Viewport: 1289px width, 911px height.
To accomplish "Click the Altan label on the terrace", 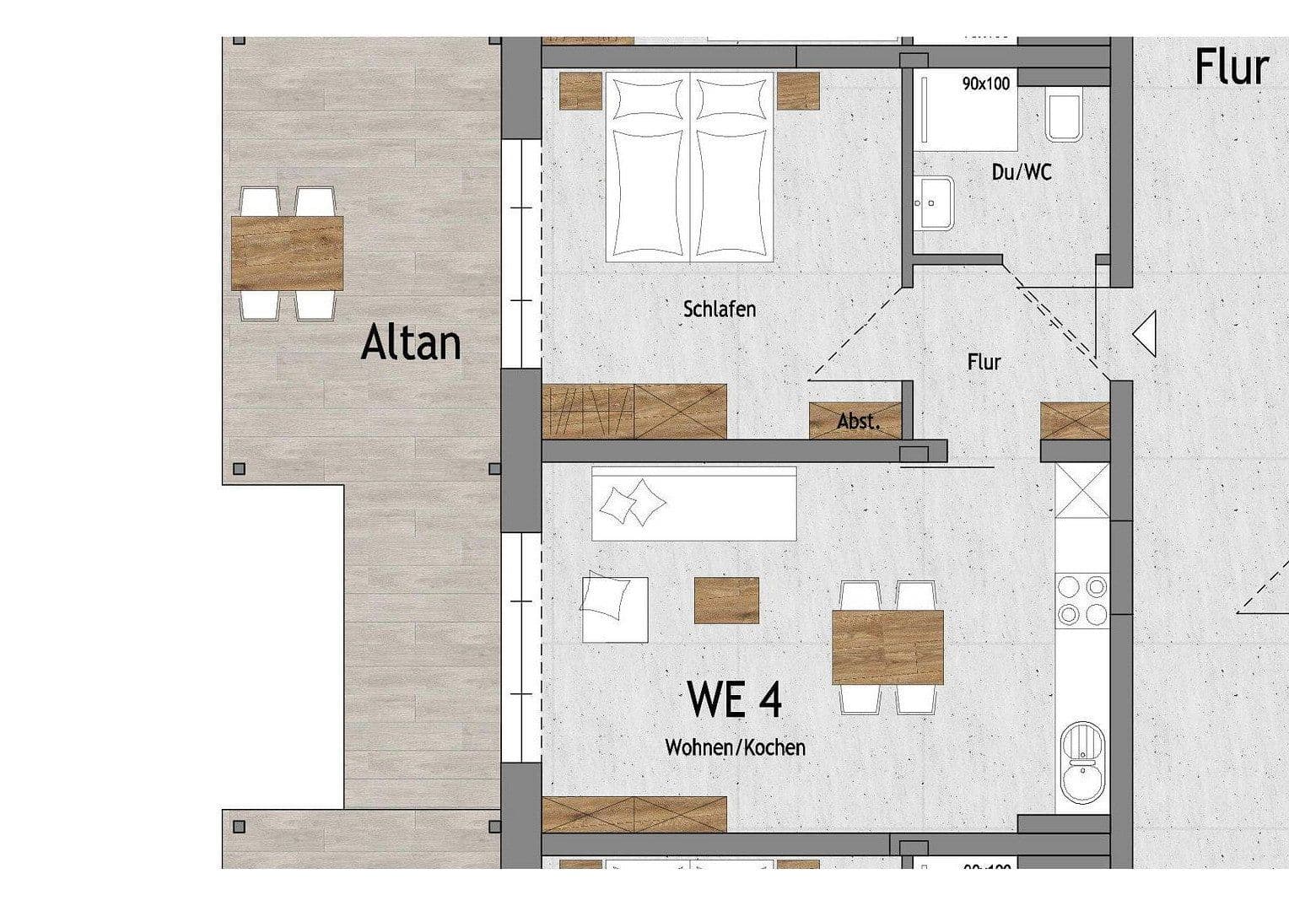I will point(411,343).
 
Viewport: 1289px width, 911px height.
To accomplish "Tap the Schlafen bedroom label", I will point(719,309).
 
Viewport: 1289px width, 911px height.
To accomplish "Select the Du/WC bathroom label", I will point(1021,172).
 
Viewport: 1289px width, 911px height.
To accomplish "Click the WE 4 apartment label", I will point(734,699).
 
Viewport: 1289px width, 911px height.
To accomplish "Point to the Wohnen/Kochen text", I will point(735,747).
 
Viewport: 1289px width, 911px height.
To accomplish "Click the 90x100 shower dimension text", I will point(985,84).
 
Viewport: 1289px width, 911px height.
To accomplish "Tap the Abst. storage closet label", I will point(858,421).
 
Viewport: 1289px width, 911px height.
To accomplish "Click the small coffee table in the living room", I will point(725,600).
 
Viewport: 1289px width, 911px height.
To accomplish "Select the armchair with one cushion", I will point(613,608).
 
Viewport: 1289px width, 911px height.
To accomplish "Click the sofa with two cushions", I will point(693,504).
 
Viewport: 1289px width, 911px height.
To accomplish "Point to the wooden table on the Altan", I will point(287,253).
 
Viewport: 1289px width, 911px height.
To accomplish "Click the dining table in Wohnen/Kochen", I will point(887,647).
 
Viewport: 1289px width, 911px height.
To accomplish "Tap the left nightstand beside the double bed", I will point(580,91).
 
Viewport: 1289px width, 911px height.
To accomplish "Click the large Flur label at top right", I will point(1231,67).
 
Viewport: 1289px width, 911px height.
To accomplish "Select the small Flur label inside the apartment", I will point(984,362).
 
